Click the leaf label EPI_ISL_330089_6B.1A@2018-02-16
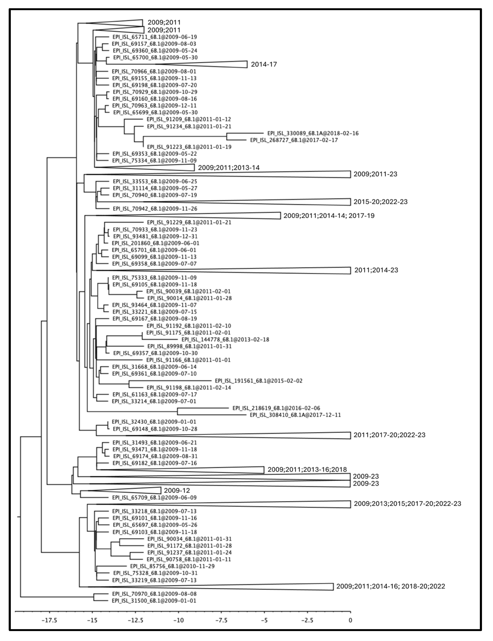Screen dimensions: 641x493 click(x=313, y=133)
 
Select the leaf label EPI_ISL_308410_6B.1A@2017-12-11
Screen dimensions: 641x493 click(x=295, y=415)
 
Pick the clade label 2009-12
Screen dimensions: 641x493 click(x=177, y=490)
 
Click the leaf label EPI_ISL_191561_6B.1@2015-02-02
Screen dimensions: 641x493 click(x=259, y=381)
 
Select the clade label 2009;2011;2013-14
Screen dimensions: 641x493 click(x=229, y=168)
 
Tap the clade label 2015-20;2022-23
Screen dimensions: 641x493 click(x=380, y=202)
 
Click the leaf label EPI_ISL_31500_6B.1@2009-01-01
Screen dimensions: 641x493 click(x=154, y=601)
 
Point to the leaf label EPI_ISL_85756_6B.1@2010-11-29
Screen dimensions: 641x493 click(x=172, y=566)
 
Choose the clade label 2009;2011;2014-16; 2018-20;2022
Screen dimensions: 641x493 click(x=390, y=586)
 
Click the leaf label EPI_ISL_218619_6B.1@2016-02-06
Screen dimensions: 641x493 click(x=276, y=408)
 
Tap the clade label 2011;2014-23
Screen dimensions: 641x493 click(x=376, y=270)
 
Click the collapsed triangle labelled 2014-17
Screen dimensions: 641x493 click(x=223, y=64)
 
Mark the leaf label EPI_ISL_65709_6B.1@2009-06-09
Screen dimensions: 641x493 click(x=154, y=498)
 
